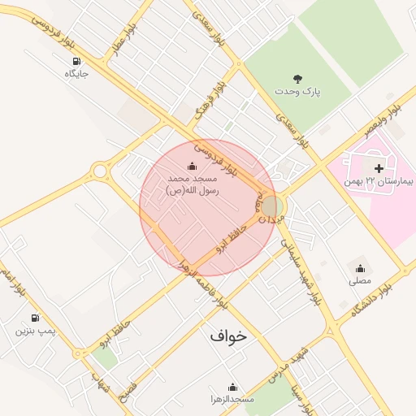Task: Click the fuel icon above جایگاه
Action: [x=76, y=62]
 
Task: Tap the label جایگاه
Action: [x=76, y=74]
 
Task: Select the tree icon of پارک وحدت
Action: [x=298, y=80]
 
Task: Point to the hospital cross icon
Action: [x=379, y=167]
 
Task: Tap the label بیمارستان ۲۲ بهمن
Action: [x=379, y=180]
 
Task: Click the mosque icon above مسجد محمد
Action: [x=192, y=167]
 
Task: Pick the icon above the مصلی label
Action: [x=359, y=268]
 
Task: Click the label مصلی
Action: [x=359, y=280]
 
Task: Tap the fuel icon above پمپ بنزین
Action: [x=35, y=318]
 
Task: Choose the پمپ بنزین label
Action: [x=35, y=331]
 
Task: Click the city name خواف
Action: [x=227, y=334]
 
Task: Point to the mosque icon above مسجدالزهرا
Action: [x=233, y=387]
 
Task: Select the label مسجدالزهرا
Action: [x=233, y=399]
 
